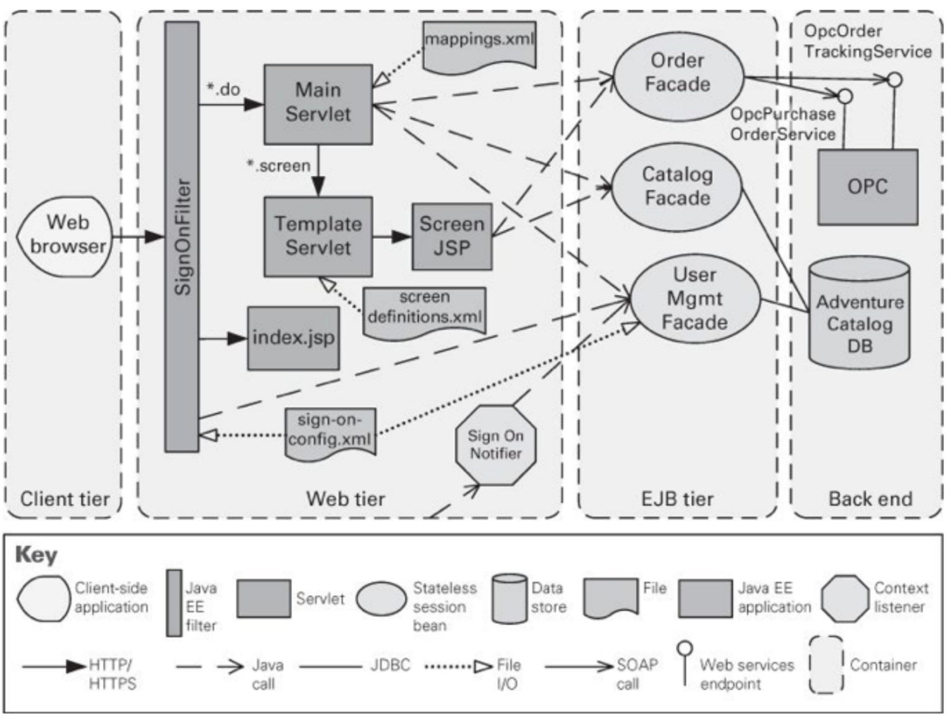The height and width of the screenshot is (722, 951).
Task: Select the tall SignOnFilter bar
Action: pos(182,237)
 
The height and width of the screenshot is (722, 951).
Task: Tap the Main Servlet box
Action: pos(318,104)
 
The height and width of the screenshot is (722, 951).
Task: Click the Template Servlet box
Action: pos(318,236)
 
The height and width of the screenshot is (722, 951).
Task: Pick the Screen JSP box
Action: pos(451,236)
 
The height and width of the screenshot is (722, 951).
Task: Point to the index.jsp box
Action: pos(293,338)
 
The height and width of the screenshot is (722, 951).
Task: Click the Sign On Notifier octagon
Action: pos(496,445)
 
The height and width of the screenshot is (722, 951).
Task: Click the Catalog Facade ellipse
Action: pos(677,187)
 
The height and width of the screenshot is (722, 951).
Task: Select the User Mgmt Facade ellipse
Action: pos(695,299)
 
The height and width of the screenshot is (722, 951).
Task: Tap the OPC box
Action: pos(867,187)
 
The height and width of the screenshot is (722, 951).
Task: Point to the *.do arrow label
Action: pos(223,90)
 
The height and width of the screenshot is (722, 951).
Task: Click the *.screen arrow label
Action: pos(279,166)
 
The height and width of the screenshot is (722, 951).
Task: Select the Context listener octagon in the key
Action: pos(845,599)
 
